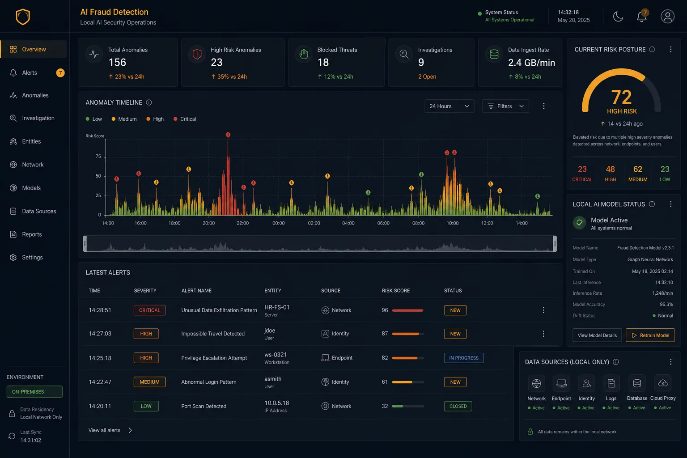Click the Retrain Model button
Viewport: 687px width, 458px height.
coord(650,335)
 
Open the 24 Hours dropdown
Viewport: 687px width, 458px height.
coord(449,106)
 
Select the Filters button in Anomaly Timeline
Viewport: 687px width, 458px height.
coord(505,106)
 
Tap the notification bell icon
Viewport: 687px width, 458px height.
coord(641,16)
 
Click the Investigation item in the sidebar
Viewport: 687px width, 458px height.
coord(38,118)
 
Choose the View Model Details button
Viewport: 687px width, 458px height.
coord(597,335)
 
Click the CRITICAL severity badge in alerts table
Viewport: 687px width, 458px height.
coord(149,310)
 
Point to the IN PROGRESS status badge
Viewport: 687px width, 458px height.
coord(464,358)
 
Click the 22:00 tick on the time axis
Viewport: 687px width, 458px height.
coord(242,223)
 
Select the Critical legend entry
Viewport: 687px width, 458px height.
coord(185,119)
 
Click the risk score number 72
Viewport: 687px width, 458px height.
coord(621,97)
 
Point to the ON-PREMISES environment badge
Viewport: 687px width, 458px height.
coord(34,392)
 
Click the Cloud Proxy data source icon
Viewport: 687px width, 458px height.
coord(663,383)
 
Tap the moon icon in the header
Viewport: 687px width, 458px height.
coord(618,16)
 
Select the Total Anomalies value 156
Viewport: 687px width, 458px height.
coord(117,63)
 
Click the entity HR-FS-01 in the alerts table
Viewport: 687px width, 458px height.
coord(277,307)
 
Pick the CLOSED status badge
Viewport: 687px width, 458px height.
coord(458,406)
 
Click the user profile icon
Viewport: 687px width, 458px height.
coord(667,16)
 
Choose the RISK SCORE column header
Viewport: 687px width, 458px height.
coord(396,291)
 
